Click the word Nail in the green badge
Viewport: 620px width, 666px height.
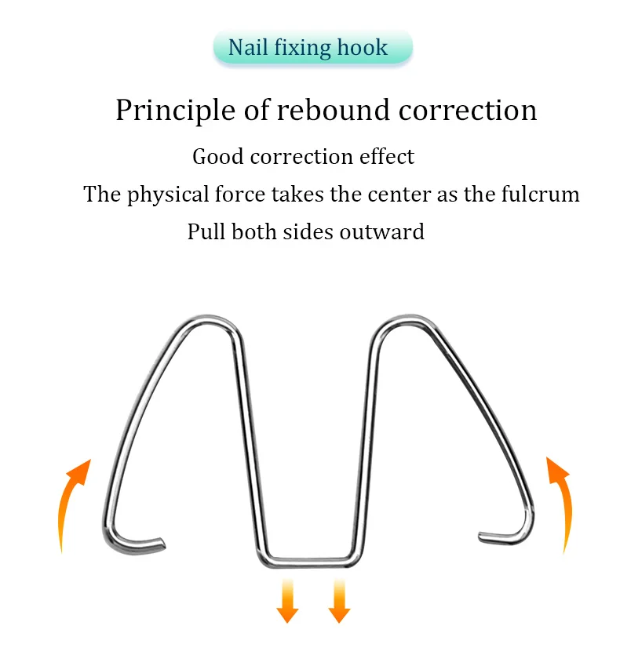click(x=246, y=47)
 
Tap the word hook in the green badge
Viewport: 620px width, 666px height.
click(x=363, y=48)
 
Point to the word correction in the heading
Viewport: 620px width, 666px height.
click(x=468, y=111)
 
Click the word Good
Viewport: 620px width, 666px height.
click(x=217, y=156)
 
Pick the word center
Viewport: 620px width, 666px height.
click(x=399, y=194)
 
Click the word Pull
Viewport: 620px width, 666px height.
click(x=206, y=232)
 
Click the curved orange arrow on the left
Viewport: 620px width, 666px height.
click(x=72, y=502)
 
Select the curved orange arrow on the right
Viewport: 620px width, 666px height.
click(x=560, y=502)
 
